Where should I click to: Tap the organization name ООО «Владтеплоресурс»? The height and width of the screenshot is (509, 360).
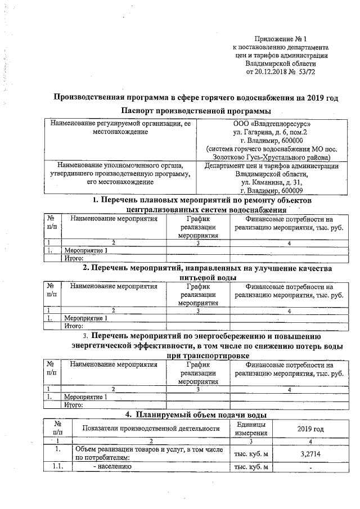coord(271,123)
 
